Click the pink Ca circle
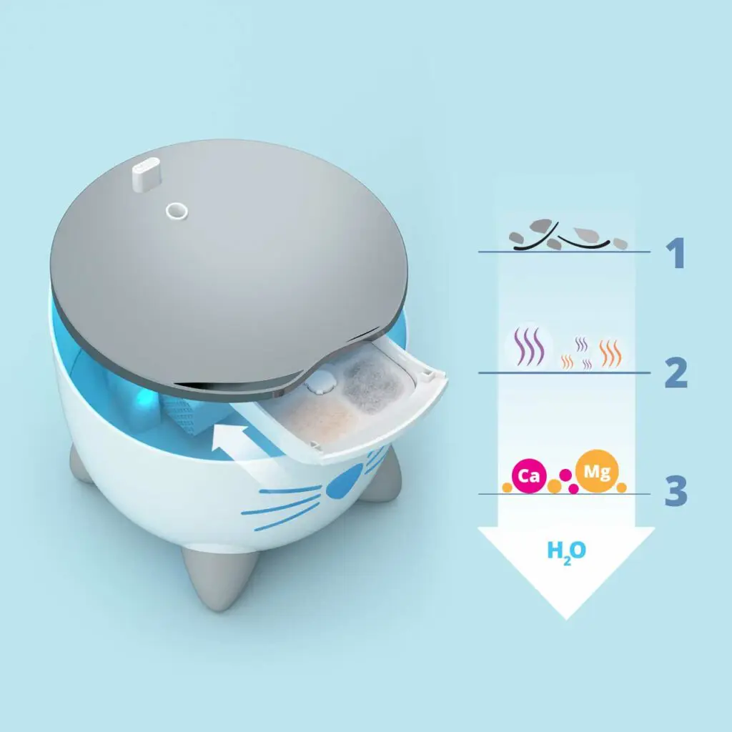click(528, 475)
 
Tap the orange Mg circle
click(597, 471)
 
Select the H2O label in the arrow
click(566, 553)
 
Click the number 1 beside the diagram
click(676, 252)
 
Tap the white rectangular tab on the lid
click(146, 174)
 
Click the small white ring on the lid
click(177, 211)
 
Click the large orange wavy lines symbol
click(610, 353)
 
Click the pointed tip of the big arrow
click(566, 619)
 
